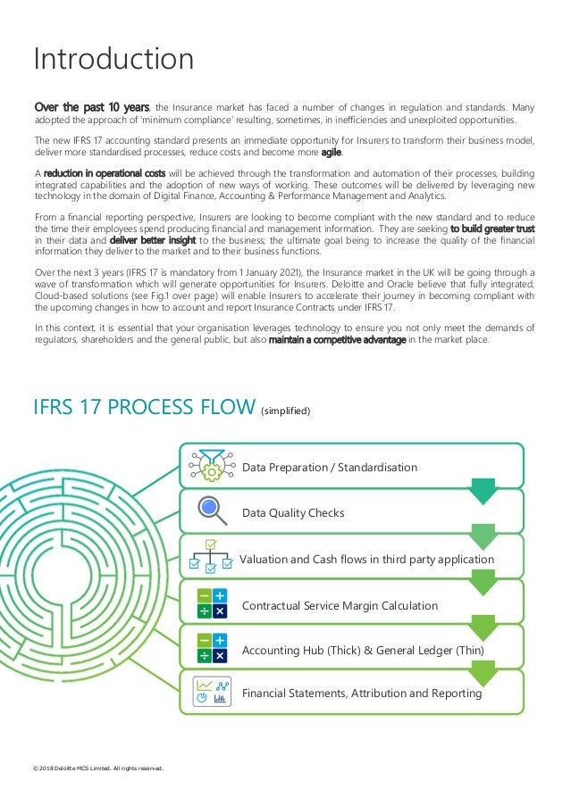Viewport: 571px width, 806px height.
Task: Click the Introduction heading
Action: pyautogui.click(x=113, y=59)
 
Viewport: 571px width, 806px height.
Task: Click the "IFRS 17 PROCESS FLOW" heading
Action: pyautogui.click(x=143, y=407)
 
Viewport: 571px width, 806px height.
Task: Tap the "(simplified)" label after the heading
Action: pyautogui.click(x=285, y=411)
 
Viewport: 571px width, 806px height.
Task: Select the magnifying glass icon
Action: pyautogui.click(x=211, y=510)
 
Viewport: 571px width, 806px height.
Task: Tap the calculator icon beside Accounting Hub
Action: pyautogui.click(x=211, y=649)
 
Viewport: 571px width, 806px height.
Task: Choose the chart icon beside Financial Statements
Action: pyautogui.click(x=211, y=693)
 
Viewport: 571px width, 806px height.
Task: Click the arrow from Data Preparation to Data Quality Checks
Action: pyautogui.click(x=483, y=489)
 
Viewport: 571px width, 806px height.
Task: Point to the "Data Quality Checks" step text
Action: pyautogui.click(x=293, y=513)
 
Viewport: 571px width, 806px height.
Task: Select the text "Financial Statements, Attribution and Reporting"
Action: pyautogui.click(x=362, y=694)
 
